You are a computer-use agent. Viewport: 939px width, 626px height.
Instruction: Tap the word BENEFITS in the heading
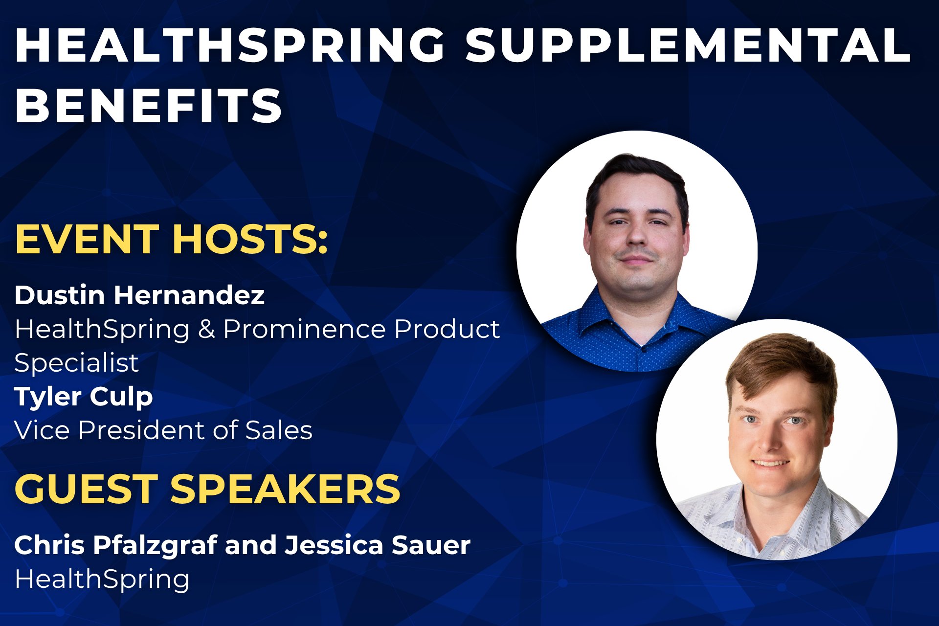149,106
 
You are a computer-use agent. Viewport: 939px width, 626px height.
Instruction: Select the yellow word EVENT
88,239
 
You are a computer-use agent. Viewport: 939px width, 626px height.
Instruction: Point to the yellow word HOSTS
250,239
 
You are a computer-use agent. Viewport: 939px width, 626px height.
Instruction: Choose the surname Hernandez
189,295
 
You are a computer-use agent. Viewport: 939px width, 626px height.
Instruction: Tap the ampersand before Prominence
206,329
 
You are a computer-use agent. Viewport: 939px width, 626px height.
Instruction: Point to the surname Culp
121,397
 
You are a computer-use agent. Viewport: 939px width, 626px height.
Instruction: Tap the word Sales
279,430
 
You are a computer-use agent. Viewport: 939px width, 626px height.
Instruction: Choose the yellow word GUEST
87,489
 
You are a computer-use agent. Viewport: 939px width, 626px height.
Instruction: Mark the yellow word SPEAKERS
285,489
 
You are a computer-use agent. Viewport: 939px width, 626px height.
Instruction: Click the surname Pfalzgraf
156,546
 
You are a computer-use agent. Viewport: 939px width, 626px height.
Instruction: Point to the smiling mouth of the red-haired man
770,463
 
